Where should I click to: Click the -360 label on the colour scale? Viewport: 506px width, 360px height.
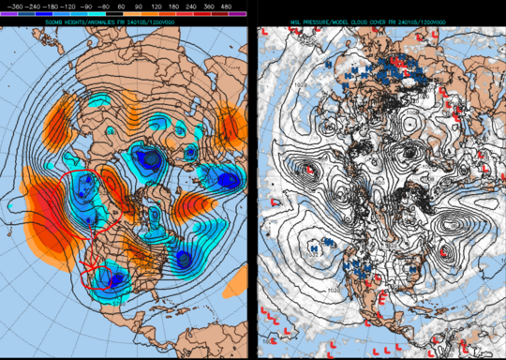coord(12,7)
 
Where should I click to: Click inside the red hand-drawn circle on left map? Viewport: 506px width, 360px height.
coord(80,192)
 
